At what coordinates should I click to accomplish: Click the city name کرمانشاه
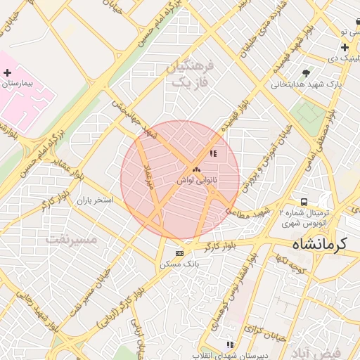[320, 245]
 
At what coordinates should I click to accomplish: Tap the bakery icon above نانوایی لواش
[196, 170]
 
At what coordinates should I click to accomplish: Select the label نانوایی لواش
[197, 181]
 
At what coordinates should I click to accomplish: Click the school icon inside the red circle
[213, 153]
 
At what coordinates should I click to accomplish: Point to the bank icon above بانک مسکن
[179, 253]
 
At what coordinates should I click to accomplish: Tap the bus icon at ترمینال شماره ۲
[303, 202]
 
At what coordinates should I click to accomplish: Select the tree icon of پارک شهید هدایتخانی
[305, 73]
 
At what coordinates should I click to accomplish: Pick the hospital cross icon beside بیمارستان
[7, 72]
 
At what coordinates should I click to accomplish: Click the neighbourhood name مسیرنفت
[71, 239]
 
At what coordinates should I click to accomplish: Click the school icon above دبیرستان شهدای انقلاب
[229, 345]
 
